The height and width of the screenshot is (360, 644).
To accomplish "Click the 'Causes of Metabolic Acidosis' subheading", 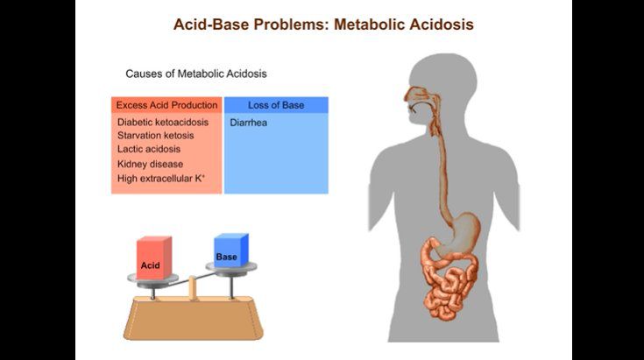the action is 196,74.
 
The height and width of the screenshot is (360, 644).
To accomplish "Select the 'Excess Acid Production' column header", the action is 167,105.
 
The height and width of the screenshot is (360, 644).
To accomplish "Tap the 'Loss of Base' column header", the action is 276,105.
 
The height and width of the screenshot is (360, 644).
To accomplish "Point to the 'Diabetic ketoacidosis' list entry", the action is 163,123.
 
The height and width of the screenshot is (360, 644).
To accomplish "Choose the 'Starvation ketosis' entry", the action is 156,136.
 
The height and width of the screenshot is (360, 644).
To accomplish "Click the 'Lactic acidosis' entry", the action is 149,150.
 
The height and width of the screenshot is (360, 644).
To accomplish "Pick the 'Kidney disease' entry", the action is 150,164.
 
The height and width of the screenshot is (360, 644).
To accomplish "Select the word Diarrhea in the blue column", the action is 249,123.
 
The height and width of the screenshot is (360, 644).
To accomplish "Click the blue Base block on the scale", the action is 230,251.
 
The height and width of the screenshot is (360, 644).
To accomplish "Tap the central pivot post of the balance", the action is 192,286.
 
